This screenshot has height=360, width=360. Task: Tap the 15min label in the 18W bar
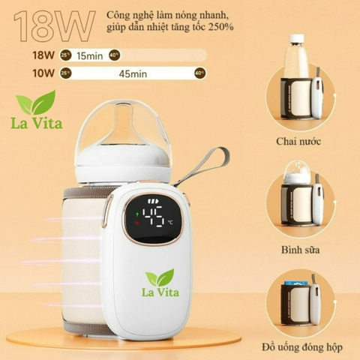coord(90,55)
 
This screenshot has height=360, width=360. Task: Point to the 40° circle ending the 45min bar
coord(199,73)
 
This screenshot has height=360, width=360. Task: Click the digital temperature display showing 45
coord(158,217)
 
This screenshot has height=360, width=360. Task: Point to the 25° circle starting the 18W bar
coord(66,55)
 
